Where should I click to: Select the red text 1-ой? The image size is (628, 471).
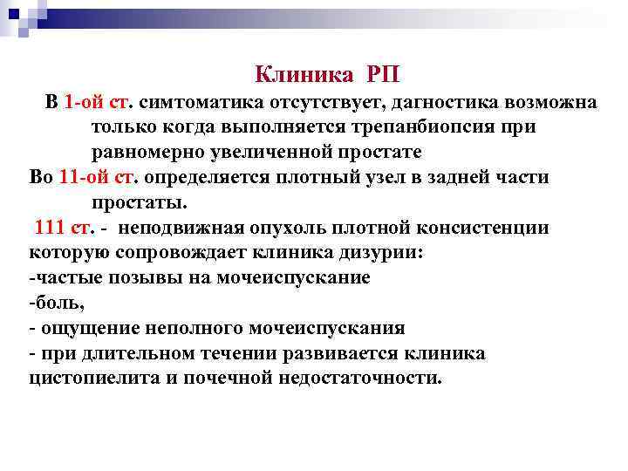(84, 103)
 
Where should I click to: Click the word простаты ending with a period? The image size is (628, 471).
(139, 203)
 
